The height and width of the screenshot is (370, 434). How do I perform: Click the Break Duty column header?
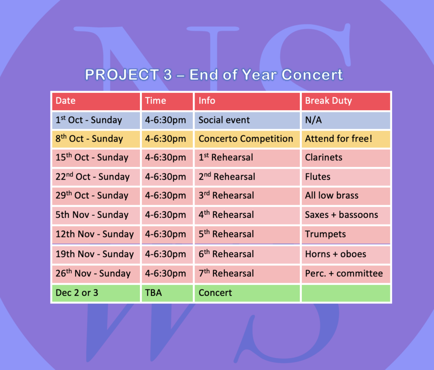click(346, 101)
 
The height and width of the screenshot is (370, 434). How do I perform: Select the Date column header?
click(96, 101)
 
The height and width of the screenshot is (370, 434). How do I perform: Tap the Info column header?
click(247, 101)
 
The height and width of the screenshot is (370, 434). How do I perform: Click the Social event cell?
click(247, 120)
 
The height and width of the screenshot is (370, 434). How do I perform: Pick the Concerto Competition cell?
click(247, 139)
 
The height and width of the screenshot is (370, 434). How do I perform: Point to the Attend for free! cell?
click(346, 139)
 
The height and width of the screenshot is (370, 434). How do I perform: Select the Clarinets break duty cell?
click(346, 158)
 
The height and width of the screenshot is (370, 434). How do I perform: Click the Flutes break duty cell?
click(346, 177)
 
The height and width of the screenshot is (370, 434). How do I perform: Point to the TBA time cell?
click(167, 293)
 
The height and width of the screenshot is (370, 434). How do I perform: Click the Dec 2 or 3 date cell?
click(96, 293)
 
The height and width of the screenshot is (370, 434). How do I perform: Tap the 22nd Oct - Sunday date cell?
click(96, 177)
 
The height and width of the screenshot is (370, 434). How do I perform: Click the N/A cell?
click(346, 120)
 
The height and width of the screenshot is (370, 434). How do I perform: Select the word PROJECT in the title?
click(122, 75)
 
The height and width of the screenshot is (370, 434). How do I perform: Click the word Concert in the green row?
click(215, 293)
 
